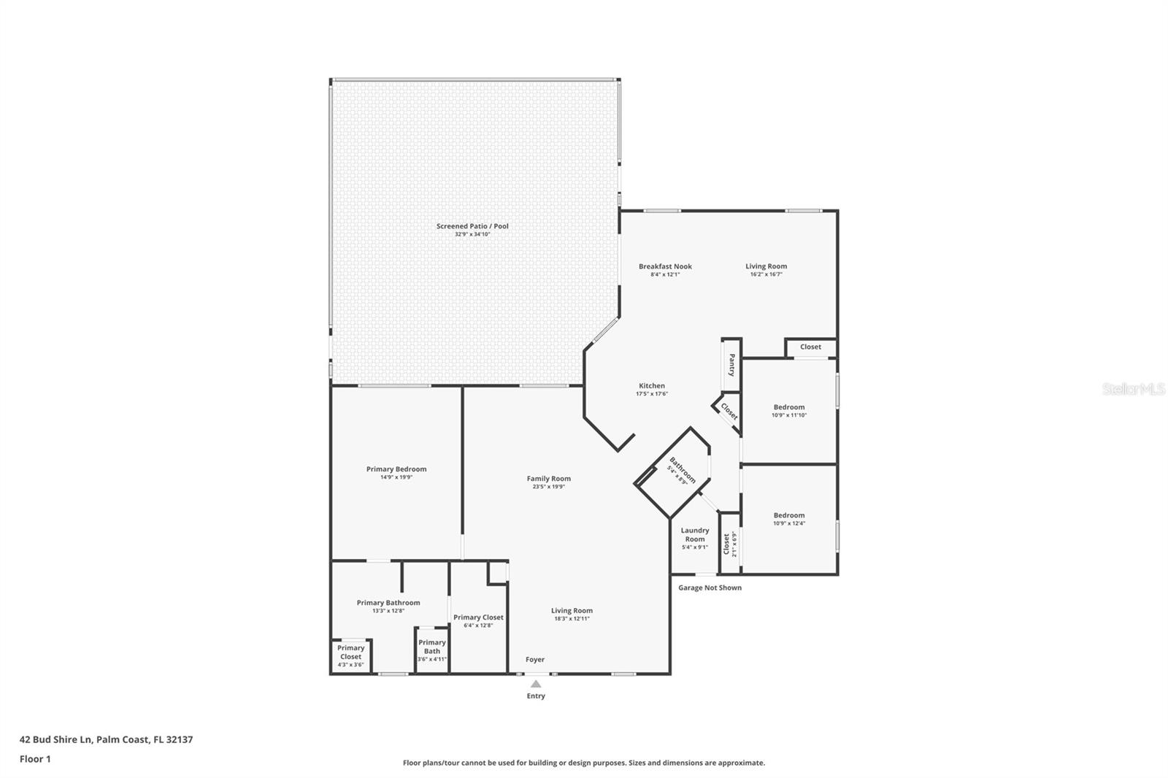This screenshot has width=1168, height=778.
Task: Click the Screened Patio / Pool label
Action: pyautogui.click(x=472, y=226)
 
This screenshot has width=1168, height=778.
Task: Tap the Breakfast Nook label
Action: pyautogui.click(x=665, y=266)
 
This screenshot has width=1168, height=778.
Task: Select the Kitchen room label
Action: pyautogui.click(x=652, y=386)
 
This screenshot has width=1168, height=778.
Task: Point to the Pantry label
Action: pyautogui.click(x=731, y=365)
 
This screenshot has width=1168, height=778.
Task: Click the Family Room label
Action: pyautogui.click(x=548, y=479)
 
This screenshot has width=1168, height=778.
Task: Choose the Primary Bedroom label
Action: pyautogui.click(x=396, y=469)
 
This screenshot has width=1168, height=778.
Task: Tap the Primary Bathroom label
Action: pyautogui.click(x=388, y=603)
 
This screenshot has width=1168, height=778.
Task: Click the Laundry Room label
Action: pyautogui.click(x=695, y=535)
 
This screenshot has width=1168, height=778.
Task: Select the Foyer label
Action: pyautogui.click(x=535, y=660)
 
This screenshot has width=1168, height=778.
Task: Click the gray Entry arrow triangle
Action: pyautogui.click(x=536, y=684)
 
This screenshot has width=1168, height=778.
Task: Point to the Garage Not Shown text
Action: pyautogui.click(x=710, y=588)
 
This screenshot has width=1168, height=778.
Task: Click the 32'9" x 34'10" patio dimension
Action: pyautogui.click(x=472, y=235)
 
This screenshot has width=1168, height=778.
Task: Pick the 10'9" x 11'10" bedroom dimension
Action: pyautogui.click(x=789, y=415)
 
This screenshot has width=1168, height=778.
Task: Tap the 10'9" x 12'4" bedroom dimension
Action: pyautogui.click(x=789, y=523)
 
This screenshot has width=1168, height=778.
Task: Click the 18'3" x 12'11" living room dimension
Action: pyautogui.click(x=572, y=619)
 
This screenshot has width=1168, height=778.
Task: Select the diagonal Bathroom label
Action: pyautogui.click(x=683, y=470)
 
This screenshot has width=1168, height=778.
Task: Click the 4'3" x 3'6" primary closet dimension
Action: pyautogui.click(x=350, y=665)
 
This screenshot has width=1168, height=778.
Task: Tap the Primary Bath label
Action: pyautogui.click(x=431, y=647)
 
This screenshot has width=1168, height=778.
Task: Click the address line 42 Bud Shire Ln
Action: pyautogui.click(x=107, y=739)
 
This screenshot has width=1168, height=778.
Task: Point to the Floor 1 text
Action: pyautogui.click(x=35, y=759)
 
